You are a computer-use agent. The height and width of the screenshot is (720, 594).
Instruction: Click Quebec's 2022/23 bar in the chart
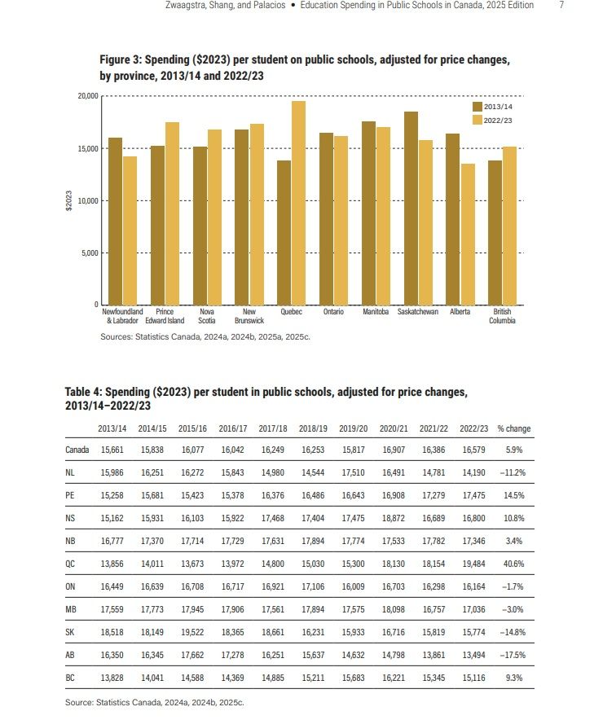coord(298,203)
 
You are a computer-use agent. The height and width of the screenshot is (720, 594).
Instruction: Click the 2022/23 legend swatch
coord(477,120)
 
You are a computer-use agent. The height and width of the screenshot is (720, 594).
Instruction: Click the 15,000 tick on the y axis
coord(86,148)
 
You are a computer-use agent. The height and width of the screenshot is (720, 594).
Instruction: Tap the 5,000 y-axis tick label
coord(88,252)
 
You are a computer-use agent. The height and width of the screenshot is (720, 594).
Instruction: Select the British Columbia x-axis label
coord(502,316)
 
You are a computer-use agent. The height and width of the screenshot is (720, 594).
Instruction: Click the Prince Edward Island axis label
coord(165,316)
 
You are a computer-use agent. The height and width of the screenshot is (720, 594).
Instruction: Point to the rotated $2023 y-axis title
coord(69,200)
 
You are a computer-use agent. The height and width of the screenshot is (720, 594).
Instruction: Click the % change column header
coord(513,428)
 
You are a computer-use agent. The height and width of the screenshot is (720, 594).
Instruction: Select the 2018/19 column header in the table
coord(312,428)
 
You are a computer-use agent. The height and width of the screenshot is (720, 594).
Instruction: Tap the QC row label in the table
coord(71,562)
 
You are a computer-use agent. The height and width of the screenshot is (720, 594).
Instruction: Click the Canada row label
coord(77,449)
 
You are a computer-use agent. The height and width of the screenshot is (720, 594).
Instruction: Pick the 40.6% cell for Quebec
coord(514,562)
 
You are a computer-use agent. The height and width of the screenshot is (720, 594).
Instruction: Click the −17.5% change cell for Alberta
coord(513,654)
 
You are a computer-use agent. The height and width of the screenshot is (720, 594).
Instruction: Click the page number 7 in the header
coord(561,6)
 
